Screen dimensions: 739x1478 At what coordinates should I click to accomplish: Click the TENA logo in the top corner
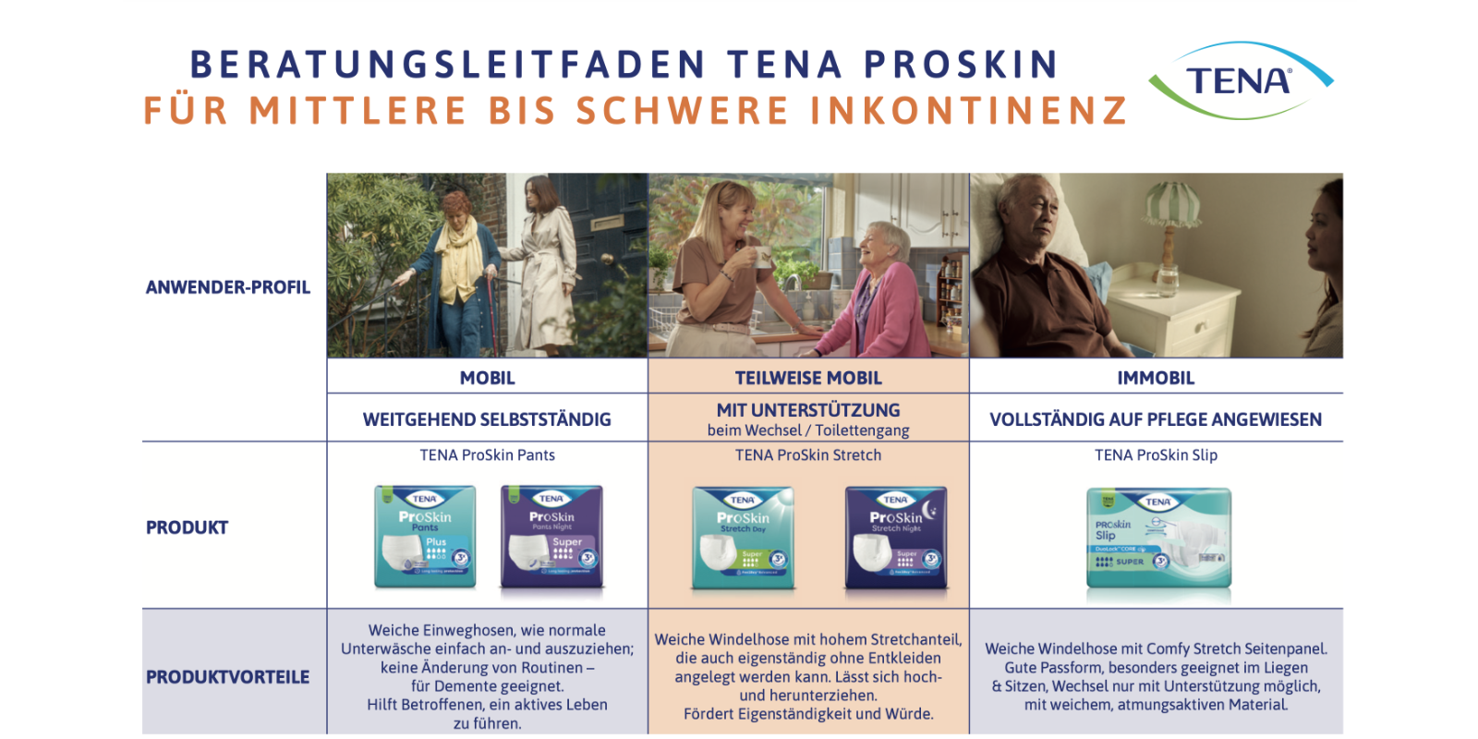point(1239,81)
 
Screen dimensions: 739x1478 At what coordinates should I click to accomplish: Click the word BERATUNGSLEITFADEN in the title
point(448,65)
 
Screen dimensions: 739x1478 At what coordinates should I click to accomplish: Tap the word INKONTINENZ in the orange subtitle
point(969,111)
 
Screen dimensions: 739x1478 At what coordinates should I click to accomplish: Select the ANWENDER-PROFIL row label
point(228,287)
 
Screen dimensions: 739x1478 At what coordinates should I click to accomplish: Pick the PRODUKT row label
point(187,527)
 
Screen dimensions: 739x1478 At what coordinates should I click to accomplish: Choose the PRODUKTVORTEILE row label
point(228,677)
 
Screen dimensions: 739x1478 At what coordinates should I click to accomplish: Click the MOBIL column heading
point(487,378)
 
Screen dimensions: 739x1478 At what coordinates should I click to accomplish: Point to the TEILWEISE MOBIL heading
point(808,378)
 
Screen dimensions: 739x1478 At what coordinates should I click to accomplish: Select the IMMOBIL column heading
point(1156,378)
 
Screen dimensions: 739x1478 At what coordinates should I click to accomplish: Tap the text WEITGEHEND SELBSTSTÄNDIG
point(487,419)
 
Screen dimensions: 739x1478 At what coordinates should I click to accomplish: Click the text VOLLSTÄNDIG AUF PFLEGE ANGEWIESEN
point(1156,419)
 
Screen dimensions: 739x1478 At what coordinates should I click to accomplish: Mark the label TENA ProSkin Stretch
point(808,455)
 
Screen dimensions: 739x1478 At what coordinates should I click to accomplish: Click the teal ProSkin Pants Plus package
point(425,537)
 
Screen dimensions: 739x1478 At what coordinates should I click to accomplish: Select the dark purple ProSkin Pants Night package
point(551,537)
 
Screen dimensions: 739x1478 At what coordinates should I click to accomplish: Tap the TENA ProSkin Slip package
point(1158,539)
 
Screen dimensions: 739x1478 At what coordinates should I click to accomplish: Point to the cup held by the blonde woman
point(762,256)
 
